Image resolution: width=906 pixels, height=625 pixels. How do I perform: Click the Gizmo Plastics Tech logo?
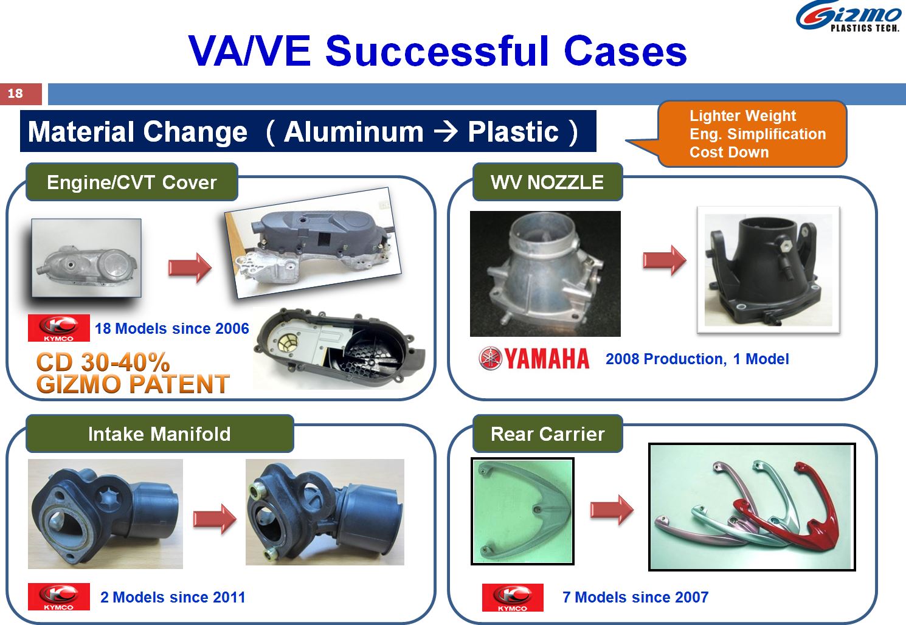pyautogui.click(x=848, y=16)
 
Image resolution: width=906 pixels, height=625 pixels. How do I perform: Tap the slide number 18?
pyautogui.click(x=15, y=94)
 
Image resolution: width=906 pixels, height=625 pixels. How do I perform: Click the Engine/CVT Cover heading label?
pyautogui.click(x=132, y=182)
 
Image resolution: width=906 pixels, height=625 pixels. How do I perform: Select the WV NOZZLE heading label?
pyautogui.click(x=547, y=182)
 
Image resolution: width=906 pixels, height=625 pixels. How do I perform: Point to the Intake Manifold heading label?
pyautogui.click(x=160, y=433)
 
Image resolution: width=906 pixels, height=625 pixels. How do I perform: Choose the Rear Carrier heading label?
pyautogui.click(x=548, y=433)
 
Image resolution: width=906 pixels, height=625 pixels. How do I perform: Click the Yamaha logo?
pyautogui.click(x=534, y=359)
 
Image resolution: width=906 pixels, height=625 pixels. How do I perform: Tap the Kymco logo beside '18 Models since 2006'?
pyautogui.click(x=58, y=328)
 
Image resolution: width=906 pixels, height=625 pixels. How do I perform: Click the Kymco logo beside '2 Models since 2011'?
pyautogui.click(x=58, y=596)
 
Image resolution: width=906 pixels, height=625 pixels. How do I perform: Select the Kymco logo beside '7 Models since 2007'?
pyautogui.click(x=513, y=597)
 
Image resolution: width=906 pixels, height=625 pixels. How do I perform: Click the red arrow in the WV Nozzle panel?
pyautogui.click(x=665, y=260)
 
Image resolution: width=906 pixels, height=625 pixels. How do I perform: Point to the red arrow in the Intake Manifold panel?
pyautogui.click(x=215, y=519)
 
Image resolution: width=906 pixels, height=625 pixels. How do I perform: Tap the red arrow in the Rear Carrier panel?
pyautogui.click(x=612, y=509)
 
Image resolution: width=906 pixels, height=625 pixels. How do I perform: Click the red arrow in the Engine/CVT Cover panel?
pyautogui.click(x=190, y=268)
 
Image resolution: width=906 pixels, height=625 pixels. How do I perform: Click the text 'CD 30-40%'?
pyautogui.click(x=103, y=362)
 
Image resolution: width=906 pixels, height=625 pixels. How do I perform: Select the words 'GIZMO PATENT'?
pyautogui.click(x=133, y=384)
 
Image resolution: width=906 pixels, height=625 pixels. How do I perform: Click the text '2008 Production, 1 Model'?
pyautogui.click(x=697, y=359)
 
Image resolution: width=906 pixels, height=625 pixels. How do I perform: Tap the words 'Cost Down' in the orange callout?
pyautogui.click(x=729, y=152)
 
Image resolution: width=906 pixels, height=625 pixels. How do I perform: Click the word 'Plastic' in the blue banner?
pyautogui.click(x=513, y=132)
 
